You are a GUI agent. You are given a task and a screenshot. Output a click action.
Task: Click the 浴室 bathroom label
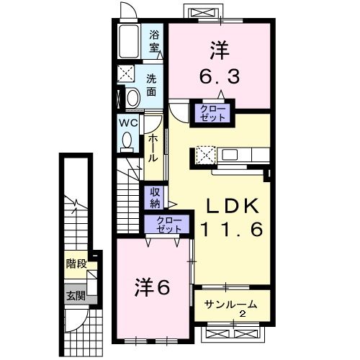point(154,41)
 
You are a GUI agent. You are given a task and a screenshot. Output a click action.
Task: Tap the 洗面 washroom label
point(152,85)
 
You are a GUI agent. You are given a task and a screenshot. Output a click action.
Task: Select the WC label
point(127,122)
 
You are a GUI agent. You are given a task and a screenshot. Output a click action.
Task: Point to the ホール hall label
point(153,148)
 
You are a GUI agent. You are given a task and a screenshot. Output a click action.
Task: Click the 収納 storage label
point(156,197)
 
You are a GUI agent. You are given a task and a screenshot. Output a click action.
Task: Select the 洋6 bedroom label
point(150,287)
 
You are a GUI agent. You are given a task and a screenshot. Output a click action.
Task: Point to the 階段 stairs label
point(74,264)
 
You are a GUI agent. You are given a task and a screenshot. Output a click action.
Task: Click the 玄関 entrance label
point(76,295)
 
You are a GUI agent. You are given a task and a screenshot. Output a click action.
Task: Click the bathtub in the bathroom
point(130,44)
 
